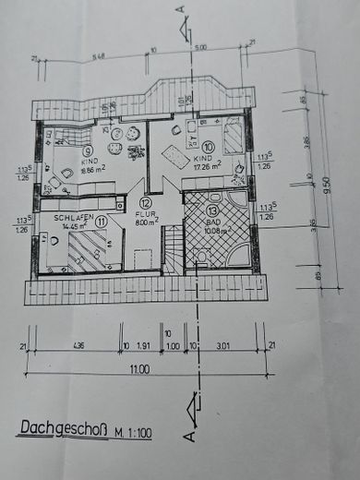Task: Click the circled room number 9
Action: tap(62, 151)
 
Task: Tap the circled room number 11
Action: tap(102, 221)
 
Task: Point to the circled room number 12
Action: tap(146, 203)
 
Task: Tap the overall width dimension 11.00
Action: tap(139, 369)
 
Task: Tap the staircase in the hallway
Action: tap(173, 249)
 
